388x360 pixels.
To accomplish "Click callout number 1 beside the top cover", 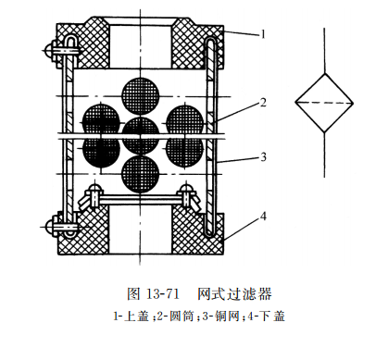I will (263, 33).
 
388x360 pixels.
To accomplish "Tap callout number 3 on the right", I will (263, 156).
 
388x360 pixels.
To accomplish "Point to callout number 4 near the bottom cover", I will (263, 217).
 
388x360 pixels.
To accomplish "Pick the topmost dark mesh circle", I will (140, 93).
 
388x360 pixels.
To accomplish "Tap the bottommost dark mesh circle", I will (140, 174).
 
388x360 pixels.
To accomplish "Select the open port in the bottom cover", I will (140, 231).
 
